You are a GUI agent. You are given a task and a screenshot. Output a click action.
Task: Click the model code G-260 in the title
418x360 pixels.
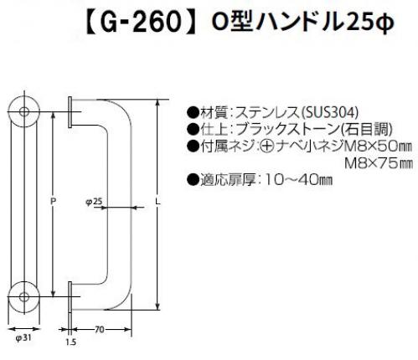pos(141,22)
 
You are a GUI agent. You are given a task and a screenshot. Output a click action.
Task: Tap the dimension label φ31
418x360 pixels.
pos(23,338)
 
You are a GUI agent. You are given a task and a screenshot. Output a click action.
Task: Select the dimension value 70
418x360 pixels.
pos(100,330)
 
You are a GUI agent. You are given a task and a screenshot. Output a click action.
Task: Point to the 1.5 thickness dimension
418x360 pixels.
pos(71,342)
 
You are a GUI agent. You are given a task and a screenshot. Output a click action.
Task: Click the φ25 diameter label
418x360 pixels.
pos(94,202)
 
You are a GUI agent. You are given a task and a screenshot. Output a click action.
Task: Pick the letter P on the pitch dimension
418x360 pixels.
pos(54,201)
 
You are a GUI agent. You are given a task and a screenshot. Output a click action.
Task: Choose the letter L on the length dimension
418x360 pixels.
pos(158,202)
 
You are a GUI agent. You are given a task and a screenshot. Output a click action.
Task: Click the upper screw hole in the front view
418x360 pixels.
pos(24,112)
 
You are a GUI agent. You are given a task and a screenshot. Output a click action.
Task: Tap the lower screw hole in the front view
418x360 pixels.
pos(24,297)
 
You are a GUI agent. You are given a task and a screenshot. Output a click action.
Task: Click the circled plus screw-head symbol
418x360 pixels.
pos(267,147)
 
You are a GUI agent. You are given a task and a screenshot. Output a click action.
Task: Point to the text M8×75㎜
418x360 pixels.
pos(379,163)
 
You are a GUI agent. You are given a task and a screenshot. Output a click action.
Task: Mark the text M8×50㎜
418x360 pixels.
pos(379,147)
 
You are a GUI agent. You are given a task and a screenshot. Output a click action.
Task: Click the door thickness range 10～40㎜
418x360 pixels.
pos(297,180)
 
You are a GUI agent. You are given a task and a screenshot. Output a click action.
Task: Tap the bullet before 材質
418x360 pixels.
pos(193,112)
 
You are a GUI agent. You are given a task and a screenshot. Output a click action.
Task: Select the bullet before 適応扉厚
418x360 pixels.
pos(193,180)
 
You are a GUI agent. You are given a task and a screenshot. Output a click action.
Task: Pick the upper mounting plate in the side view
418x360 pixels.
pos(70,112)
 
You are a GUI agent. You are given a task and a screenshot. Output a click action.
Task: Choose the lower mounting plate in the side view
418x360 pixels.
pos(70,297)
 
